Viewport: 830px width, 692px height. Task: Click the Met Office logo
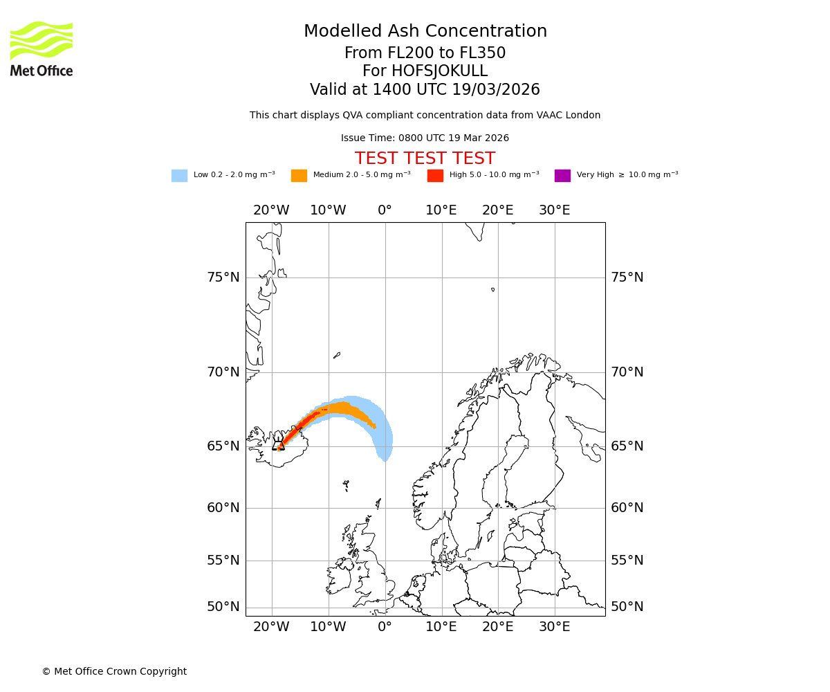click(41, 48)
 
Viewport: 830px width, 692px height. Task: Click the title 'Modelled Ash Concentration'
click(425, 31)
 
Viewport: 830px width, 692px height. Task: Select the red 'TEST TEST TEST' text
click(425, 158)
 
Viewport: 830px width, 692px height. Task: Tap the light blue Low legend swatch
click(179, 176)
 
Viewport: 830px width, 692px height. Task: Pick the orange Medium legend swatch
click(299, 176)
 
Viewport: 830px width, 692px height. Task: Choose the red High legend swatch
click(435, 176)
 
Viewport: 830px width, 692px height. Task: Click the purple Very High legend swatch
click(562, 176)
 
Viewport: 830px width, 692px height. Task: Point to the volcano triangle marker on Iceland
click(279, 445)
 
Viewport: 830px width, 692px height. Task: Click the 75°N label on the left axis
click(223, 277)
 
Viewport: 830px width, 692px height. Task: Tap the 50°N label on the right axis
click(627, 607)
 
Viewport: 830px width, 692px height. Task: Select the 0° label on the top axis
click(385, 210)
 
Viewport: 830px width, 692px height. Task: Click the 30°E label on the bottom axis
click(555, 627)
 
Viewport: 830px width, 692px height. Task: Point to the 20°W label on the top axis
click(271, 210)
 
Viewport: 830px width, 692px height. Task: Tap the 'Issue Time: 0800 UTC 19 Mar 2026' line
click(425, 138)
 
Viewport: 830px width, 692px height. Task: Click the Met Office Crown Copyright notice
click(114, 671)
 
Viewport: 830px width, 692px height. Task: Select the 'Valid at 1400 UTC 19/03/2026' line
click(425, 90)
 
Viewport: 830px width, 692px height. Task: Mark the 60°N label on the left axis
click(223, 508)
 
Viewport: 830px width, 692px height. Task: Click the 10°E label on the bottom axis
click(441, 627)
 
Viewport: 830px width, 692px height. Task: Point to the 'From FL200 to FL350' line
click(425, 53)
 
